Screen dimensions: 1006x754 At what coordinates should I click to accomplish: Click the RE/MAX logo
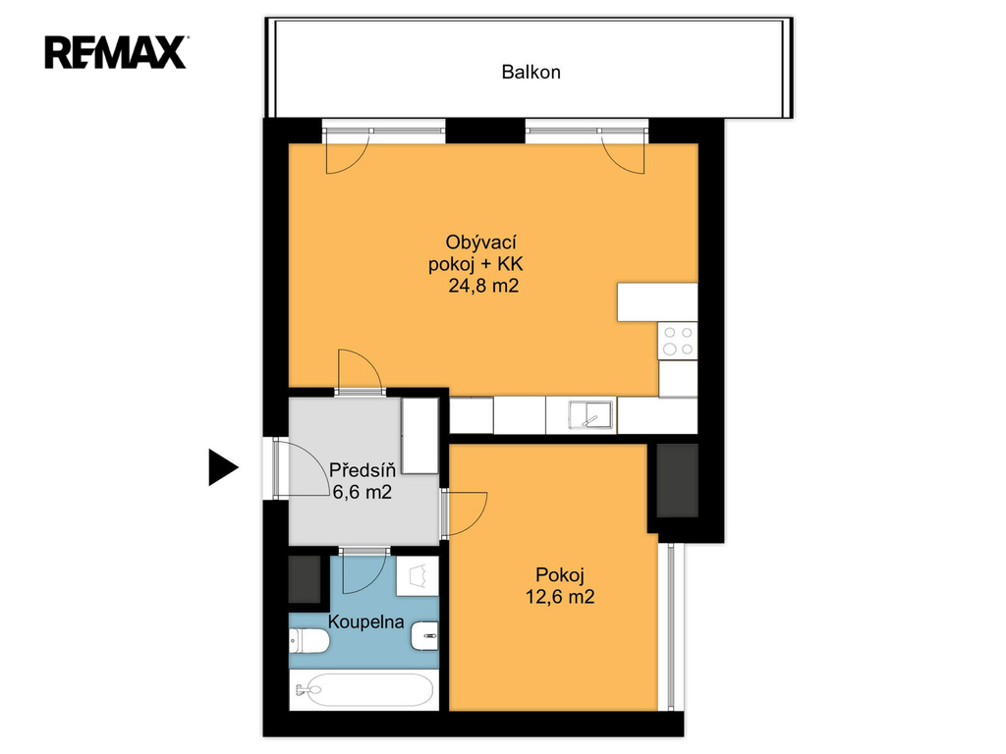116,53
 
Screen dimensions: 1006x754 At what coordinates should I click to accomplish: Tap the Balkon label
531,72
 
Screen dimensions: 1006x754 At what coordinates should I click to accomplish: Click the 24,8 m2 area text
483,286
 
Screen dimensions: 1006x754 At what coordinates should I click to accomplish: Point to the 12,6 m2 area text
560,597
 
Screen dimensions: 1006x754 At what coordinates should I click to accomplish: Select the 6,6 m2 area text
362,492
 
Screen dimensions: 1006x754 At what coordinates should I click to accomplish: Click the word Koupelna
365,621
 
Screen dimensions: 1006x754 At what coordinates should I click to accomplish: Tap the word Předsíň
362,470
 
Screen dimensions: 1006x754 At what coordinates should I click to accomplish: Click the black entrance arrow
222,466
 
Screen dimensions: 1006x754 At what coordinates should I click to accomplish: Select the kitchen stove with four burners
678,341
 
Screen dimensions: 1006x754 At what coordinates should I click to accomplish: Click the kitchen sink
590,415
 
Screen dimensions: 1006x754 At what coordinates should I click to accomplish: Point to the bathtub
363,690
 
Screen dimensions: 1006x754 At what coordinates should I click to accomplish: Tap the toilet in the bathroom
308,640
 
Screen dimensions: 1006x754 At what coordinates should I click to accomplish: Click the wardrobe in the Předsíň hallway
419,436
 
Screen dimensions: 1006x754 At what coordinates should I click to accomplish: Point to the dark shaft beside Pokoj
677,480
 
